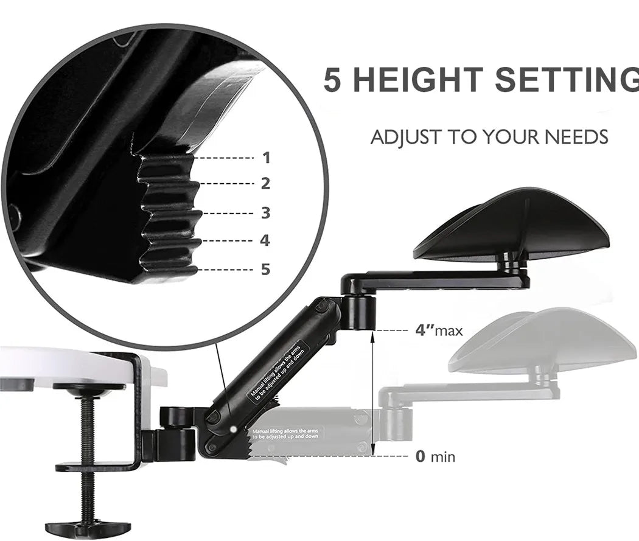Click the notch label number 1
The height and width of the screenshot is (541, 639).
coord(266,158)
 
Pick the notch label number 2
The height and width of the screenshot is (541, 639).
coord(266,183)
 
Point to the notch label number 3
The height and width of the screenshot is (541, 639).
coord(266,213)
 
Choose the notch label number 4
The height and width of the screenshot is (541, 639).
coord(265,240)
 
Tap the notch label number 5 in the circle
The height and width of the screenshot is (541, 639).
coord(265,269)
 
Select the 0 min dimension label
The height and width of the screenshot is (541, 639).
coord(435,456)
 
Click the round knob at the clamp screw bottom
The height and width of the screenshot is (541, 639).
coord(88,526)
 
